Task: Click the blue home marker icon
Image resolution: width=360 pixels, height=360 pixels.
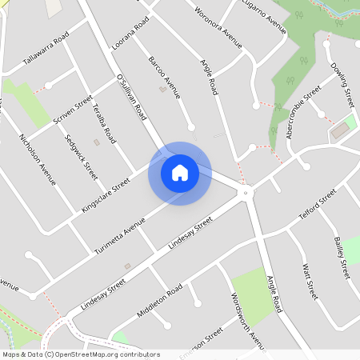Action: (x=180, y=173)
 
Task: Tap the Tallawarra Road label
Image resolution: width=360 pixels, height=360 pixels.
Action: (x=46, y=50)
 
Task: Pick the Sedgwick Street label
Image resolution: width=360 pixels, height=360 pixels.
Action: (x=81, y=156)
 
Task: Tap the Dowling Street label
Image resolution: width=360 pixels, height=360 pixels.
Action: (x=342, y=89)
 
